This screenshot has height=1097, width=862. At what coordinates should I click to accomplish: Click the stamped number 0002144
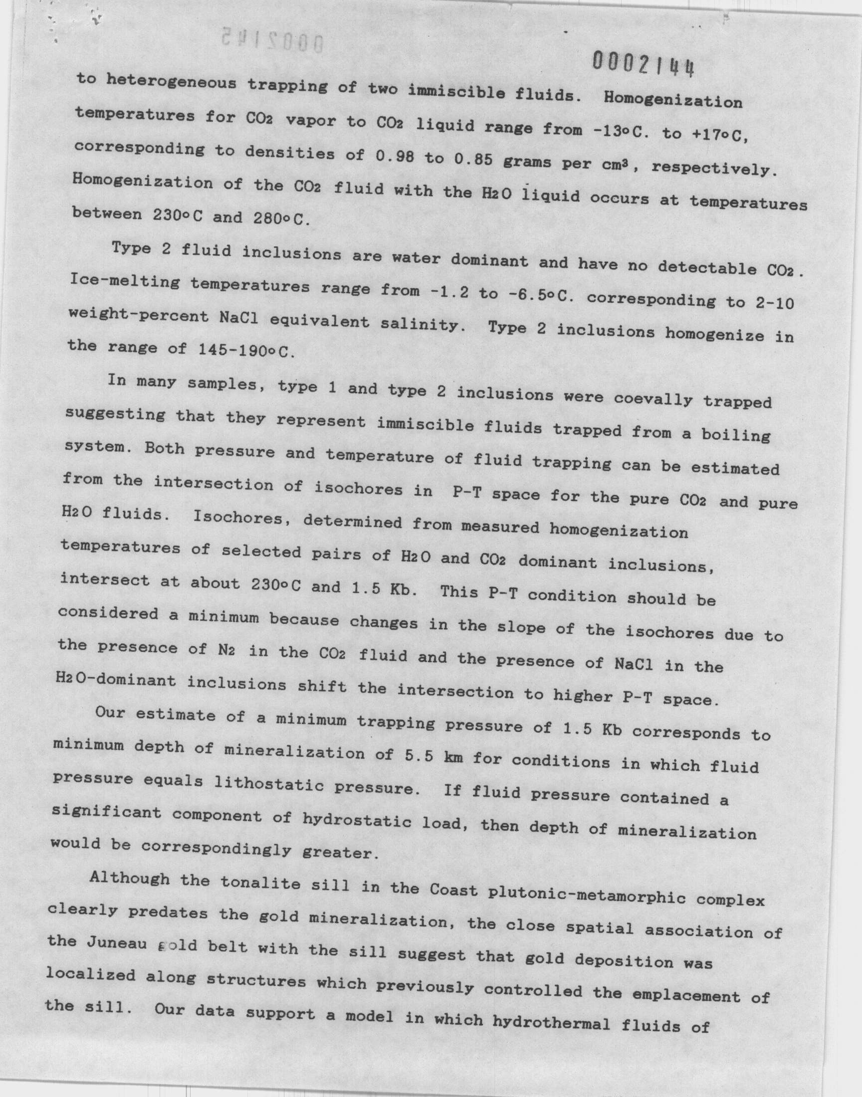643,64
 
